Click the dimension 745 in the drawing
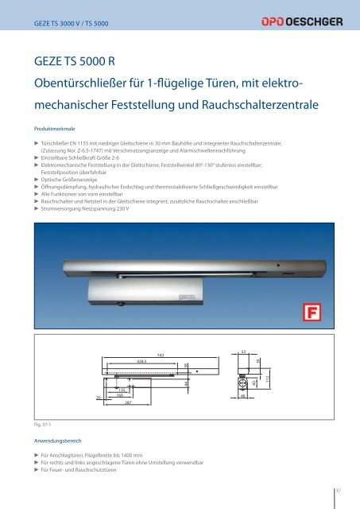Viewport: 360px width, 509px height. coord(161,356)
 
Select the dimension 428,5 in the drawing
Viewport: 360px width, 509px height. coord(144,361)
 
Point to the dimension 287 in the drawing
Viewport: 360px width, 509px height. coord(127,404)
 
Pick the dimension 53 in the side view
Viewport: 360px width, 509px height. coord(242,351)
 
